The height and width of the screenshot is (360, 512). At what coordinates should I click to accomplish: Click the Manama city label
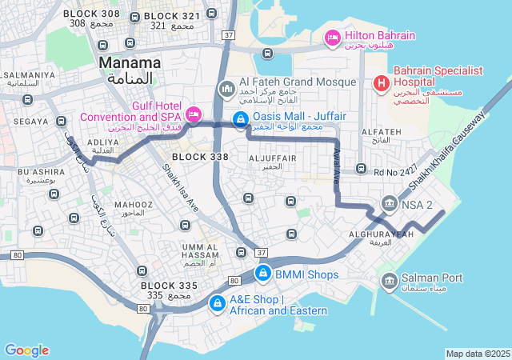pos(129,62)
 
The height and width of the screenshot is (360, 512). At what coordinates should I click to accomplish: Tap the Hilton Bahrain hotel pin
pos(333,37)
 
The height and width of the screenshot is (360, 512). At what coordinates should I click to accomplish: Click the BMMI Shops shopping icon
pos(262,274)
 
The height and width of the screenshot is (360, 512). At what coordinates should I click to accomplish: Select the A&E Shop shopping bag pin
pos(217,303)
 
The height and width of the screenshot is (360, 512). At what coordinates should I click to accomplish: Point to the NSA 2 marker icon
pos(389,203)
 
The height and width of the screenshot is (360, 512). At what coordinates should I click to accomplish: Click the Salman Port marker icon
pos(389,280)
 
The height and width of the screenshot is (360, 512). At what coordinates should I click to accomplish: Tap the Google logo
pos(26,350)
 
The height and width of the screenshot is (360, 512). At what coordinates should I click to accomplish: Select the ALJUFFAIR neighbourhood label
pos(272,158)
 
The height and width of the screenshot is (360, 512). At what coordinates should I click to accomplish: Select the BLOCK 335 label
pos(168,286)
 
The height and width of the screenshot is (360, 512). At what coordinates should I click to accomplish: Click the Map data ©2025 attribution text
pos(478,354)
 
